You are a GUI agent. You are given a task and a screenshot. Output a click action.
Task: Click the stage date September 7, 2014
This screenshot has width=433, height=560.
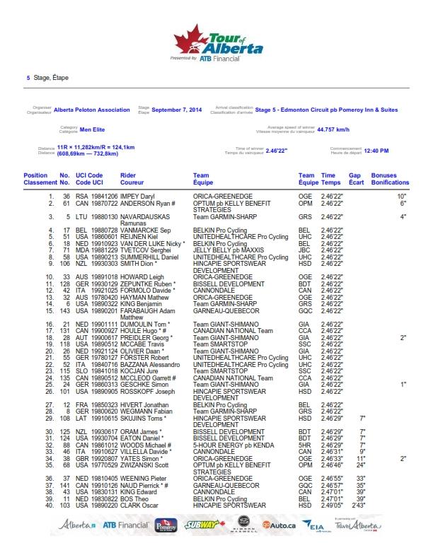(177, 110)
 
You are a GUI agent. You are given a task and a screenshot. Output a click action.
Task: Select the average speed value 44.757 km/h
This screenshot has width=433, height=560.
(333, 130)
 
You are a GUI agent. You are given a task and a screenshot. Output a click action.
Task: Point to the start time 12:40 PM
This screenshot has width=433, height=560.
(376, 151)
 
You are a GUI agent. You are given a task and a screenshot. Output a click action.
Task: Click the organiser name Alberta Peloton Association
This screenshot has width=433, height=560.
(92, 110)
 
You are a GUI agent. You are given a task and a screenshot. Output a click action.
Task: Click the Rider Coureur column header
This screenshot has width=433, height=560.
(129, 178)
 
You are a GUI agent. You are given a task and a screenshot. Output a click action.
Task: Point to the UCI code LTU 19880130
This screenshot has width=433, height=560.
(86, 216)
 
